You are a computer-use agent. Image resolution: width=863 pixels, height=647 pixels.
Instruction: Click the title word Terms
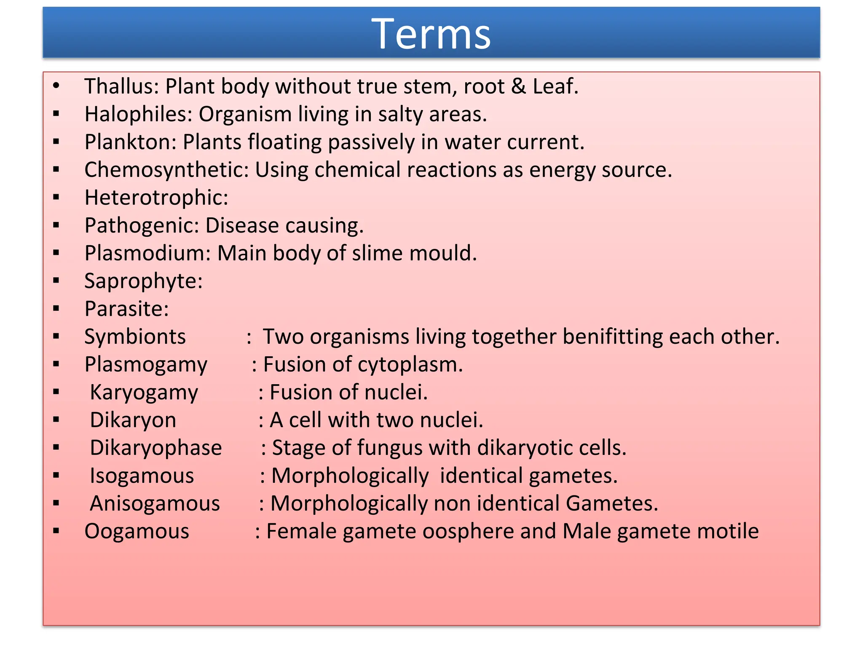coord(431,34)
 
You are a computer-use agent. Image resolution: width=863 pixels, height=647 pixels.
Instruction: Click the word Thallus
coord(119,86)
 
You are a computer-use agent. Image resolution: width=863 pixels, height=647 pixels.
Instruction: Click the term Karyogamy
coord(144,393)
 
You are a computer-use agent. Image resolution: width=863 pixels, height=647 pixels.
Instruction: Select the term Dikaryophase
coord(155,448)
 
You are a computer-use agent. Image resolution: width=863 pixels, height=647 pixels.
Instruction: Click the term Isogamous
coord(142,476)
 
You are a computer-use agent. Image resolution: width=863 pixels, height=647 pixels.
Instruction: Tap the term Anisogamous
coord(155,503)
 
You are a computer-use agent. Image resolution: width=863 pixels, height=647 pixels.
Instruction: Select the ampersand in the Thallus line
coord(518,86)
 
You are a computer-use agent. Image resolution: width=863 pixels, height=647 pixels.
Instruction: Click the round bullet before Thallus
coord(56,86)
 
